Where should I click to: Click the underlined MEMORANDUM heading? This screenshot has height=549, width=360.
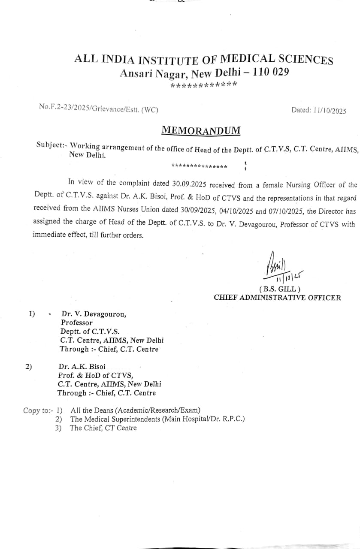click(x=201, y=130)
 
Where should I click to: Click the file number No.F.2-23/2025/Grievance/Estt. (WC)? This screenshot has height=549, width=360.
click(x=98, y=109)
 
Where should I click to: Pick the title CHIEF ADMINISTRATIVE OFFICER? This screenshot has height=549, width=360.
click(x=278, y=298)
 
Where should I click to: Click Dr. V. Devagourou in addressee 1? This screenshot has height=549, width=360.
click(x=94, y=314)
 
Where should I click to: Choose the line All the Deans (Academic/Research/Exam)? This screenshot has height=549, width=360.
click(x=136, y=410)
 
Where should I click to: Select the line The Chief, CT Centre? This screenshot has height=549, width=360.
click(x=103, y=428)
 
